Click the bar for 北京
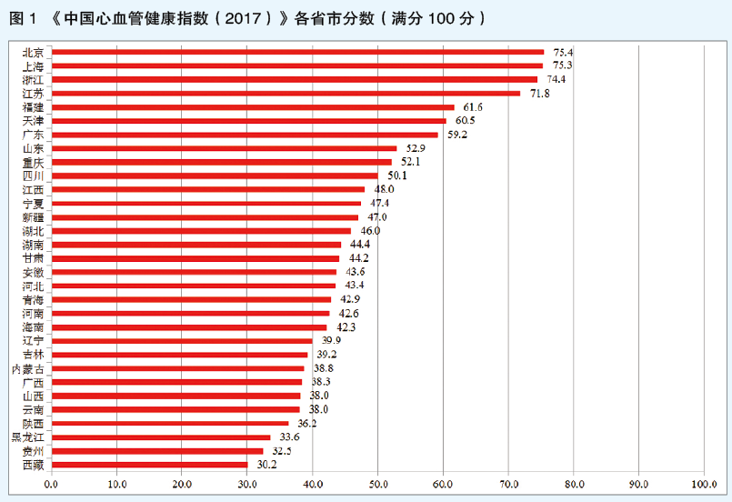pos(296,53)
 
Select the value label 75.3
pos(557,65)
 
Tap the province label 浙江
pos(34,80)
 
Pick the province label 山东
pos(34,148)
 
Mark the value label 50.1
pos(393,176)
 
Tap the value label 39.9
pos(326,341)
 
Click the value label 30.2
pos(262,465)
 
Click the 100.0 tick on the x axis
pos(704,484)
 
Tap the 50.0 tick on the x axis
pos(377,484)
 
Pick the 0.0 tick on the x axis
pos(51,484)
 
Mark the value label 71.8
pos(535,93)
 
